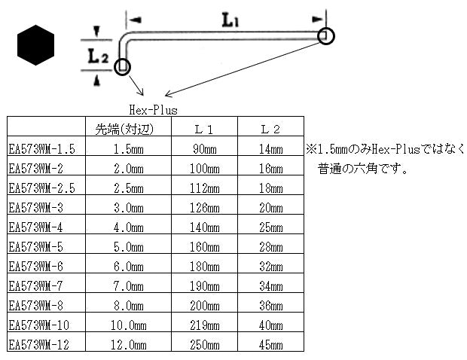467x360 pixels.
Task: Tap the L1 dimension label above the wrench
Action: coord(230,22)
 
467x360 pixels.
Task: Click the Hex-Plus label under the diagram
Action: coord(153,109)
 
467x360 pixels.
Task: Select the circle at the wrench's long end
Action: coord(325,36)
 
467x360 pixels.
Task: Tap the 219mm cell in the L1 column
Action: coord(205,325)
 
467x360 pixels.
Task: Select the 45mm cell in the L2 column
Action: coord(270,345)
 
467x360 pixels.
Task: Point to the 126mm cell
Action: coord(205,208)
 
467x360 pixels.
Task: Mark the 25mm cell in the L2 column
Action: coord(270,227)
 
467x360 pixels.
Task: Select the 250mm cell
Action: coord(205,345)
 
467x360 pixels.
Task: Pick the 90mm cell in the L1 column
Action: coord(205,148)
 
